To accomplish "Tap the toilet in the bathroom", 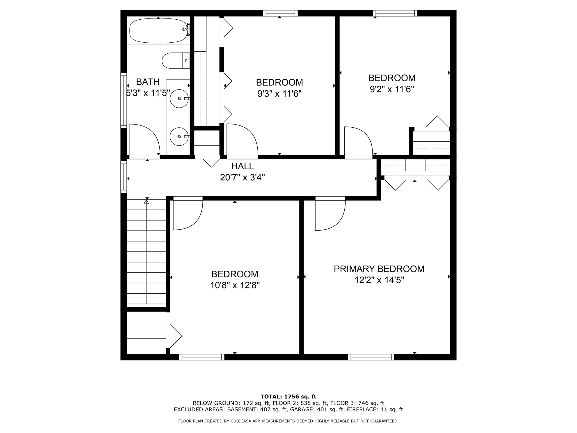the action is (176, 60).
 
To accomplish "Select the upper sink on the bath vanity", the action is (179, 98).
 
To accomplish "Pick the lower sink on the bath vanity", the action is (179, 136).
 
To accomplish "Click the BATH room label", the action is (148, 82).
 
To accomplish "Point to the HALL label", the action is (242, 166).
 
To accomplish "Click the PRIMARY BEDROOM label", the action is (379, 269).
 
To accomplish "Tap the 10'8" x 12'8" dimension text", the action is (235, 285).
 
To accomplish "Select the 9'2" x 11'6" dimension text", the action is (392, 89).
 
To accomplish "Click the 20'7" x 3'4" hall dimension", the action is (242, 177).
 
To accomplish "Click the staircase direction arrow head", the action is (146, 201).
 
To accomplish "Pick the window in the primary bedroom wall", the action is (371, 357).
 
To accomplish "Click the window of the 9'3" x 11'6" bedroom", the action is (280, 13).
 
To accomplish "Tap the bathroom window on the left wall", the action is (124, 101).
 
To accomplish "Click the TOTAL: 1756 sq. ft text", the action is (288, 397).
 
